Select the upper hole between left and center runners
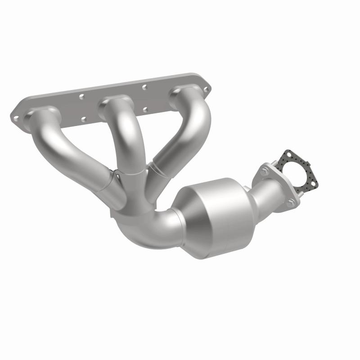tap(82, 96)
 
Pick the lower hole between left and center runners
tap(83, 119)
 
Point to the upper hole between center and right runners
tap(144, 87)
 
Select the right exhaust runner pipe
tap(184, 135)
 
